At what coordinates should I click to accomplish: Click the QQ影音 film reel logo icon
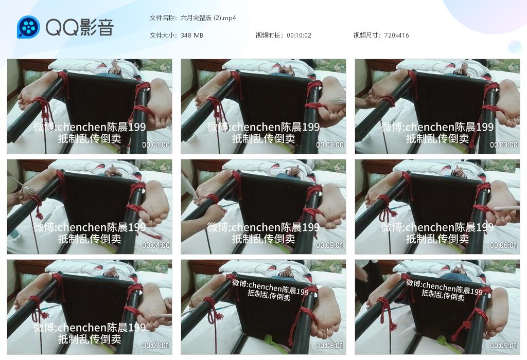click(29, 27)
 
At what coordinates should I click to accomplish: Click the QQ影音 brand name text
click(80, 27)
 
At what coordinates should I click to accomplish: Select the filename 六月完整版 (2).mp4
click(208, 18)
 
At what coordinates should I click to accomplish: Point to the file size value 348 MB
click(191, 35)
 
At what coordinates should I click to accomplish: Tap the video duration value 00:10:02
click(299, 35)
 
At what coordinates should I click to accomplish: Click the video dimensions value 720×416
click(396, 35)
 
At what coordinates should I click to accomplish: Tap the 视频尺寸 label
click(367, 35)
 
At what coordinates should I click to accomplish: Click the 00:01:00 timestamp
click(156, 145)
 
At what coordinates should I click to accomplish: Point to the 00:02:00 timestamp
click(330, 145)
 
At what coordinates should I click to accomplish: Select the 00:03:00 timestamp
click(503, 145)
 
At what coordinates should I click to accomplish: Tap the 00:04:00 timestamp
click(156, 245)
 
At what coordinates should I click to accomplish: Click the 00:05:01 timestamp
click(330, 245)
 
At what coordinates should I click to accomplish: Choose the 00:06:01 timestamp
click(503, 245)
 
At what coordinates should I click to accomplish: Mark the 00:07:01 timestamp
click(156, 346)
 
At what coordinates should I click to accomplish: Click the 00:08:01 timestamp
click(330, 346)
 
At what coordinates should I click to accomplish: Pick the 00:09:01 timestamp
click(503, 346)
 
